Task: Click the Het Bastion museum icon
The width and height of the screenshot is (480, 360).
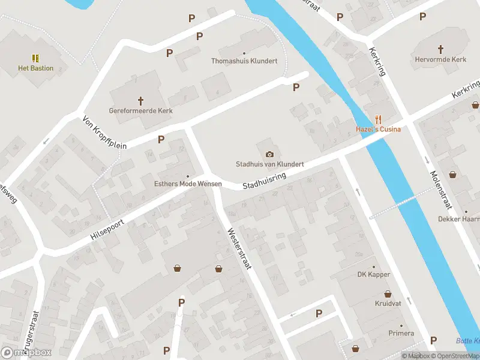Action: pyautogui.click(x=35, y=58)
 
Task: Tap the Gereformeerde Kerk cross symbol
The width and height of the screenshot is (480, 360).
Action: pyautogui.click(x=141, y=101)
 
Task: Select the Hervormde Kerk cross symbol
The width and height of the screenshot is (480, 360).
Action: pyautogui.click(x=440, y=49)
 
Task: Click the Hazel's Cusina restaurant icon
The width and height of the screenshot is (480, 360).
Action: pyautogui.click(x=378, y=119)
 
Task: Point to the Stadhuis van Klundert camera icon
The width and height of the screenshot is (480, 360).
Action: pyautogui.click(x=269, y=154)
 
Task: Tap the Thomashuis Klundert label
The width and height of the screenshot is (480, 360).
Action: pyautogui.click(x=244, y=61)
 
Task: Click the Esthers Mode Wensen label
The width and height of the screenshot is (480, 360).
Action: pyautogui.click(x=188, y=184)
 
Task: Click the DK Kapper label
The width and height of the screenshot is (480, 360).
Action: pyautogui.click(x=374, y=274)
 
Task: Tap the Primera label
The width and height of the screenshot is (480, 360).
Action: pyautogui.click(x=401, y=333)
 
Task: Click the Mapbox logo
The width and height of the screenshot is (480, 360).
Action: pyautogui.click(x=27, y=353)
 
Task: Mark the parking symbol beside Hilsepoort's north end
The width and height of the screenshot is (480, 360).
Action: pyautogui.click(x=161, y=140)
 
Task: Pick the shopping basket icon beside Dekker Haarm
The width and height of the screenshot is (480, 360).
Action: pyautogui.click(x=452, y=175)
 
